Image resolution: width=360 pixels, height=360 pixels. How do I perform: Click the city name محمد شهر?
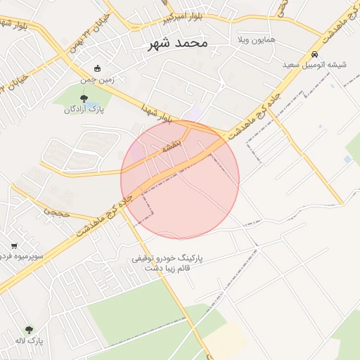pyautogui.click(x=179, y=43)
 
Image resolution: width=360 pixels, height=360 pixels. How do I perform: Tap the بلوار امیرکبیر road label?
pyautogui.click(x=184, y=18)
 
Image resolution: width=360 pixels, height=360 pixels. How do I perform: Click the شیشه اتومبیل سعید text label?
pyautogui.click(x=314, y=65)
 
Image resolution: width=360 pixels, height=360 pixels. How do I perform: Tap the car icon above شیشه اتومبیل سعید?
pyautogui.click(x=314, y=54)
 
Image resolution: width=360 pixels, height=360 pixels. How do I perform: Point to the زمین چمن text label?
pyautogui.click(x=97, y=79)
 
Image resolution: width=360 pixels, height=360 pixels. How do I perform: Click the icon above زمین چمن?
pyautogui.click(x=97, y=69)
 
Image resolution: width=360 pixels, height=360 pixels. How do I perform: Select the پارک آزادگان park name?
pyautogui.click(x=84, y=109)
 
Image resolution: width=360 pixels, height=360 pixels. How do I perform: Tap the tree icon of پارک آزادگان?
pyautogui.click(x=84, y=98)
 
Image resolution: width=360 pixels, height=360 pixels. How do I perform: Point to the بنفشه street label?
pyautogui.click(x=173, y=147)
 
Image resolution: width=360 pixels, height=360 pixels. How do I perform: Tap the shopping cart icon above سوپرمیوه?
pyautogui.click(x=14, y=246)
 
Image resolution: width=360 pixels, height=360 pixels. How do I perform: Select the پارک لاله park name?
pyautogui.click(x=29, y=340)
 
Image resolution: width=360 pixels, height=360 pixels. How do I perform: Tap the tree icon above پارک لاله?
pyautogui.click(x=29, y=329)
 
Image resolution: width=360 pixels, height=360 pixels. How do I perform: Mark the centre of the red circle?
pyautogui.click(x=180, y=180)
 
